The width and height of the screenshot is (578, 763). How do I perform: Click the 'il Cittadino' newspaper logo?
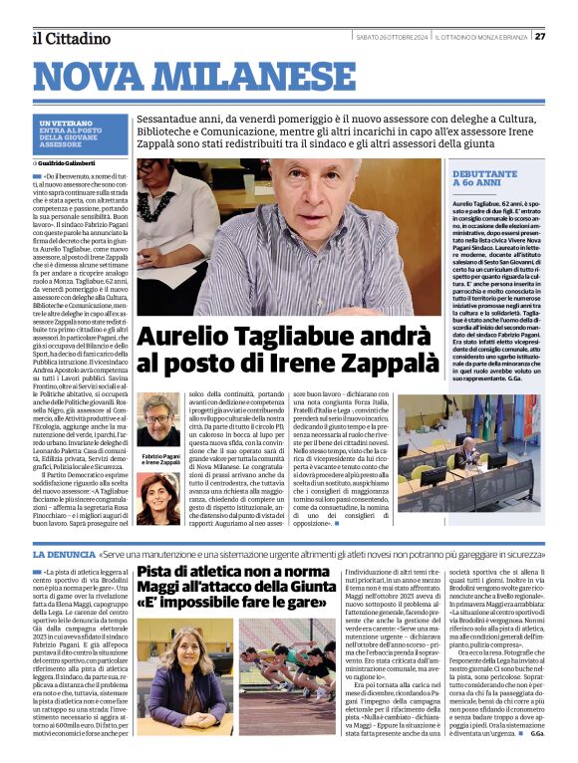[x=70, y=38]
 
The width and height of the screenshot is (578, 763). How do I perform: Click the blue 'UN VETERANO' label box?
[x=68, y=135]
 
